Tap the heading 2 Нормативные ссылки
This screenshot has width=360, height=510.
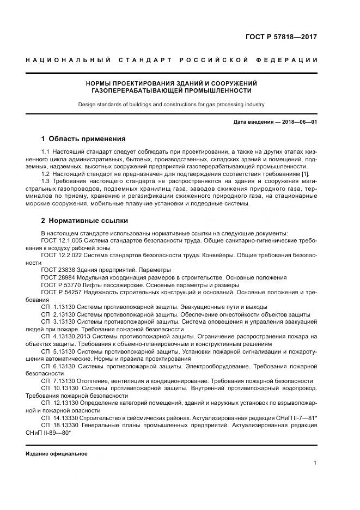pyautogui.click(x=84, y=221)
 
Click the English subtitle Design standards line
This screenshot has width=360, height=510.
pyautogui.click(x=171, y=104)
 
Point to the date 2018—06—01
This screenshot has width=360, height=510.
pyautogui.click(x=298, y=122)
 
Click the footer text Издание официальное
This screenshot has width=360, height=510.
pyautogui.click(x=57, y=453)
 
